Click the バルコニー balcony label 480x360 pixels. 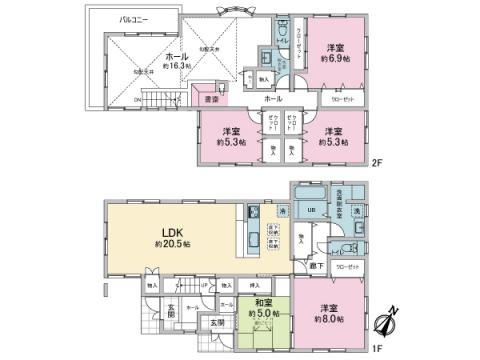133,19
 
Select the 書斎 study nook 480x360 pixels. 211,99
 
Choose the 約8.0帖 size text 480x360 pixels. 329,319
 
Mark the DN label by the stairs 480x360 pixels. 136,100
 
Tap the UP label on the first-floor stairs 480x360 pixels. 205,286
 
